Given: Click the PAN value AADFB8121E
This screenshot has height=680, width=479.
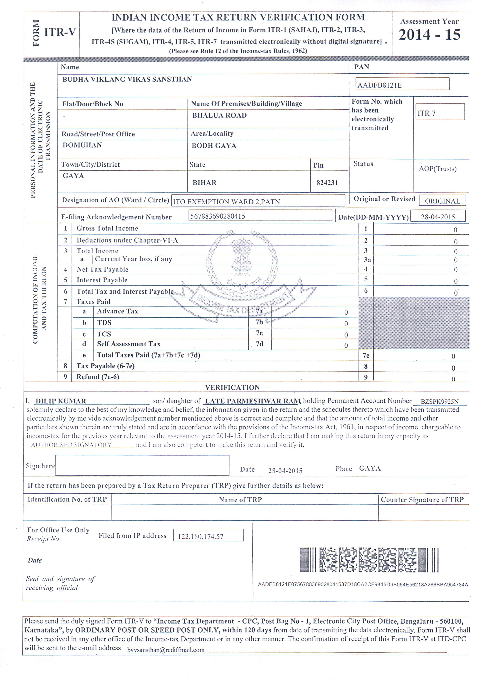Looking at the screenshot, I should coord(380,85).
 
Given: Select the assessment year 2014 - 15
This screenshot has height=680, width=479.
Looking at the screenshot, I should coord(429,35).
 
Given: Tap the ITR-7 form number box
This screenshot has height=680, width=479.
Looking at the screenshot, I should coord(440,112).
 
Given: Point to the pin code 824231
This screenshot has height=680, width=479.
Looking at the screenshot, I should coord(327,183).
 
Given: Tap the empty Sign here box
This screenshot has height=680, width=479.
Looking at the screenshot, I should coord(142,465).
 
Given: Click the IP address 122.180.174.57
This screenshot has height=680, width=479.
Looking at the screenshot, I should coord(201,536).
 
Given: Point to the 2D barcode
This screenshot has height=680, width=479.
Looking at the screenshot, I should coord(369,559).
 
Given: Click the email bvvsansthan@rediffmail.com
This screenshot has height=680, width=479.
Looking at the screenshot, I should coord(166,650).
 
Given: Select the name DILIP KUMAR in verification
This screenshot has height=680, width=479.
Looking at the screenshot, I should coord(61,401).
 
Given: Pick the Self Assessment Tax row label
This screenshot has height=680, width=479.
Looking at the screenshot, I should coord(128,344).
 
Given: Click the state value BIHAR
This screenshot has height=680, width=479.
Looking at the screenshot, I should coord(205,183).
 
